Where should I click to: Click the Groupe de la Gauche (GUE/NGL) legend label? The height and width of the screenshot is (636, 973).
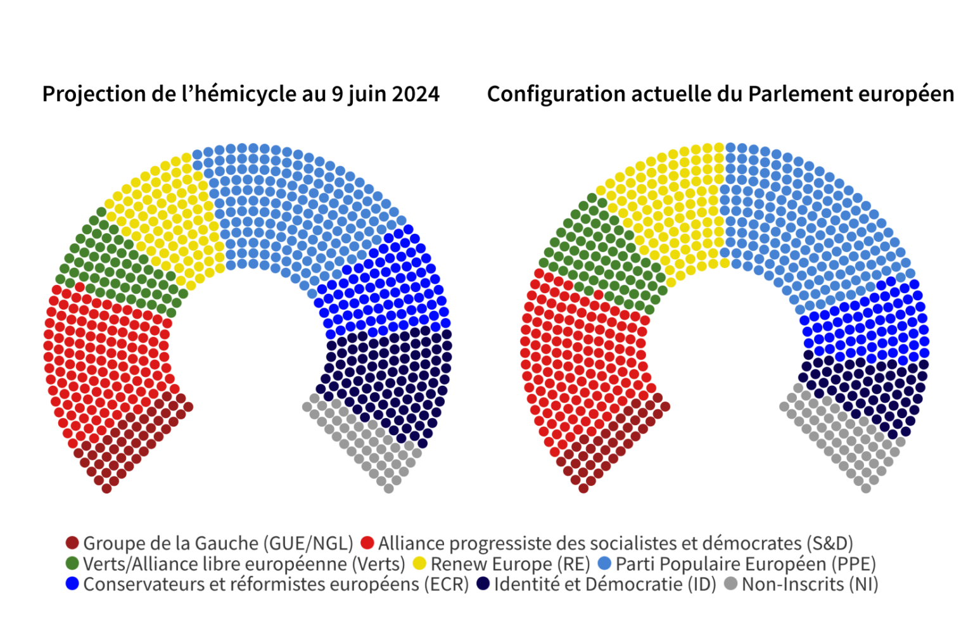pos(218,544)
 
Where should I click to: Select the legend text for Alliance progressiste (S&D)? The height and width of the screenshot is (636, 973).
pos(615,544)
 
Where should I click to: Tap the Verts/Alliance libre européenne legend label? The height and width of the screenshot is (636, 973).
pos(244,564)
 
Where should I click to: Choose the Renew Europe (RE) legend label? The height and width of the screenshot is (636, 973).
pos(510,564)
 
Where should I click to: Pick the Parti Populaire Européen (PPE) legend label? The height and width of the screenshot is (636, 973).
pos(746,564)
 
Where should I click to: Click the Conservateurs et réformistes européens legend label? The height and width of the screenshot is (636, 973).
pos(276,584)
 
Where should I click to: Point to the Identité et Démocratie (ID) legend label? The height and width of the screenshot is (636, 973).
pos(605,584)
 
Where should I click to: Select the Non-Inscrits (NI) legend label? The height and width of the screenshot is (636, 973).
pos(810,584)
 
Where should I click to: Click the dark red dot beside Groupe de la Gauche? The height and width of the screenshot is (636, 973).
pos(72,543)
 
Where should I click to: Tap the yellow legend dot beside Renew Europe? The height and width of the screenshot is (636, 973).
pos(419,563)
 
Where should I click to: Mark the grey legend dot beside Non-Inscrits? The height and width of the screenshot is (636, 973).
pos(730,583)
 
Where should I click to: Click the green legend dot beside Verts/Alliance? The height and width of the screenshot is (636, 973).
pos(72,563)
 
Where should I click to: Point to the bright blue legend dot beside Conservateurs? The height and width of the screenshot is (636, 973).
pos(72,583)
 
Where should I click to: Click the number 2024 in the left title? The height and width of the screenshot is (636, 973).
pos(416,94)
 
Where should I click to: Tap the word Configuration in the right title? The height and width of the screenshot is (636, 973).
pos(549,94)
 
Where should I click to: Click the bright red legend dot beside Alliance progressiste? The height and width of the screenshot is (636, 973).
pos(367,543)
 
